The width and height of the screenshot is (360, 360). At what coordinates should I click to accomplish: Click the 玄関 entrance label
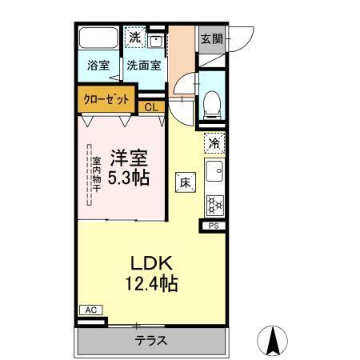[x=211, y=38]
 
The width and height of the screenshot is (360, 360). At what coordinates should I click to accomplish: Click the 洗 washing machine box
[x=135, y=38]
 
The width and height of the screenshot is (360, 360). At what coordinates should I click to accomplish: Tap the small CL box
[x=152, y=106]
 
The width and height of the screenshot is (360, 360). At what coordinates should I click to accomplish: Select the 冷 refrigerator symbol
[x=214, y=143]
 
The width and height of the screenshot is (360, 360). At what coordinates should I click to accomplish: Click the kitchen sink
[x=214, y=171]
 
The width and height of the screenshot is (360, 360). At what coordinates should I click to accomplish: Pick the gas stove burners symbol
[x=214, y=204]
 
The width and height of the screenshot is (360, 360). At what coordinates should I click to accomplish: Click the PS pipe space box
[x=214, y=226]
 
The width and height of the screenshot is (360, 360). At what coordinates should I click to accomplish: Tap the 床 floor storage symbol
[x=185, y=182]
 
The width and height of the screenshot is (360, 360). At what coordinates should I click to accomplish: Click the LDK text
[x=149, y=262]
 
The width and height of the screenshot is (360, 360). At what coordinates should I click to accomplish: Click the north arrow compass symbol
[x=272, y=342]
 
